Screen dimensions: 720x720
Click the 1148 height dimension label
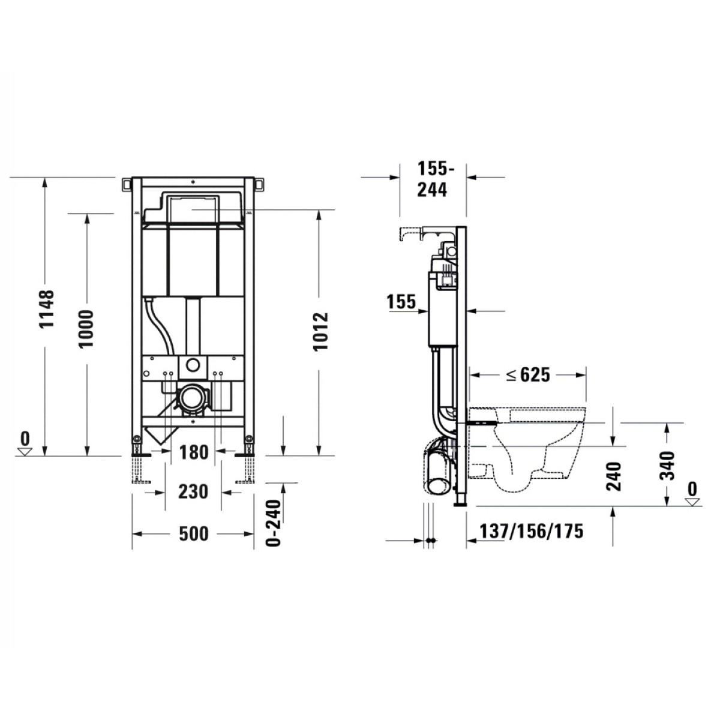coord(47,310)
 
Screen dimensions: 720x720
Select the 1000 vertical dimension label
coord(86,329)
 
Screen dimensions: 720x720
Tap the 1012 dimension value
coord(320,331)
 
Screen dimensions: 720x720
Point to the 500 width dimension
coord(194,534)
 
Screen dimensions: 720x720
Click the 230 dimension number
coord(193,492)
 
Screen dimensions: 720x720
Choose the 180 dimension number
coord(194,453)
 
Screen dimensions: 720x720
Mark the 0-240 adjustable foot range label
coord(274,523)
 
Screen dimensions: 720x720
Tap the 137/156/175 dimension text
coord(532,531)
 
